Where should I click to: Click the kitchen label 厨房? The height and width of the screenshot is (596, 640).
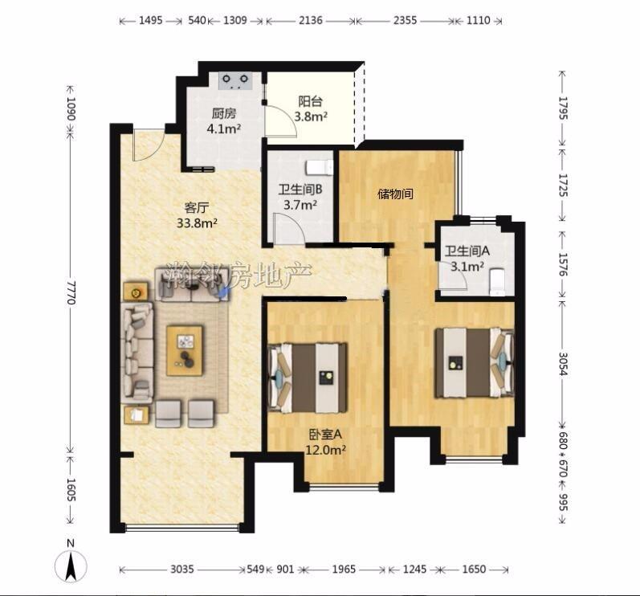224,113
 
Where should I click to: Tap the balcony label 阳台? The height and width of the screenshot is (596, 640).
310,101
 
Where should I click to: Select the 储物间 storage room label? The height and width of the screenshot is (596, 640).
395,194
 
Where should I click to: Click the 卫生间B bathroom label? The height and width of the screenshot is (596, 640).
300,190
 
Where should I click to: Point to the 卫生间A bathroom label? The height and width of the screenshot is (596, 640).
467,251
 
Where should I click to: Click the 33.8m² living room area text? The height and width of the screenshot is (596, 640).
197,223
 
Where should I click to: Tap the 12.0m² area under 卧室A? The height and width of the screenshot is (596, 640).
326,450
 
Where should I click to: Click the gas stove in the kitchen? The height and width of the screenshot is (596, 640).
234,80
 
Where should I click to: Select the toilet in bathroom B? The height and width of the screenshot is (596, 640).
320,167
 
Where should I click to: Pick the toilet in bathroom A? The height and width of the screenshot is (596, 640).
497,281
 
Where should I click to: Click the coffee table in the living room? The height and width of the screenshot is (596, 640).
185,350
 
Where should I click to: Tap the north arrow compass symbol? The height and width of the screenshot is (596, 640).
71,565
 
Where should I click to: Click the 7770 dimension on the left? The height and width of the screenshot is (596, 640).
71,292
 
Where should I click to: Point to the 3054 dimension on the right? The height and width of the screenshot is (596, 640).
563,364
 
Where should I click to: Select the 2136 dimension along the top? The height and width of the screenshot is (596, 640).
311,20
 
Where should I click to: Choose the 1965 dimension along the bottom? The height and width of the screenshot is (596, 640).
344,569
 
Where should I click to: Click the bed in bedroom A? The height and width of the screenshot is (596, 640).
308,378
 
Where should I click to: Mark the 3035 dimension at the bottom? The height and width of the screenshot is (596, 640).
182,569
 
